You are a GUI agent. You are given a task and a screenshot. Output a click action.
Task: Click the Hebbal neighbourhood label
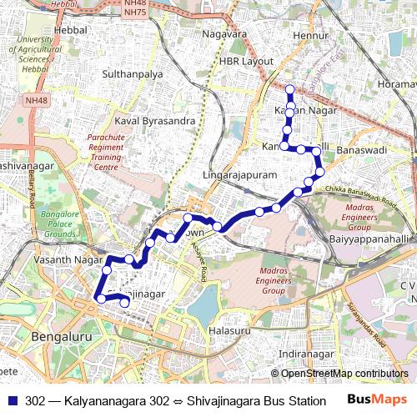[70, 29]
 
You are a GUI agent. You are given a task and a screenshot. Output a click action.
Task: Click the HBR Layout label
[246, 62]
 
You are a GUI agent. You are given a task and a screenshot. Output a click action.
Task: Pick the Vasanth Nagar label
[60, 261]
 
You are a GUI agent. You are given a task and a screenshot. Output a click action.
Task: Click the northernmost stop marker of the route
[290, 88]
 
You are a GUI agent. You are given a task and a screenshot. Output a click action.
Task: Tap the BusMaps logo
[378, 399]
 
